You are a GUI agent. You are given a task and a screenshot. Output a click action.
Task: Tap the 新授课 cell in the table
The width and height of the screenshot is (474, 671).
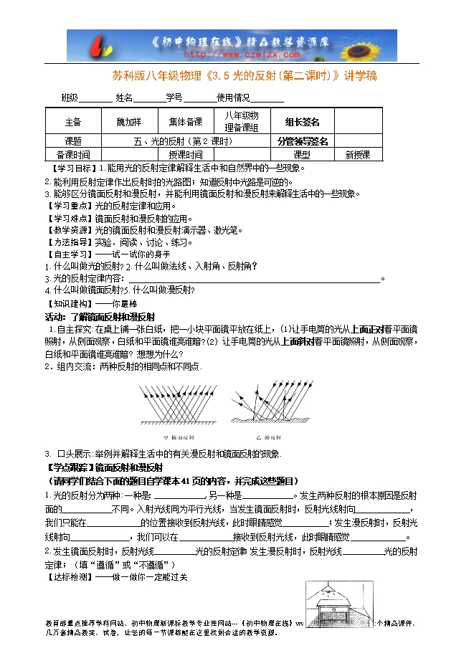click(x=358, y=154)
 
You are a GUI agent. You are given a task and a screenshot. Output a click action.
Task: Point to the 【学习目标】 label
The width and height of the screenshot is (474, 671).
click(x=68, y=168)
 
